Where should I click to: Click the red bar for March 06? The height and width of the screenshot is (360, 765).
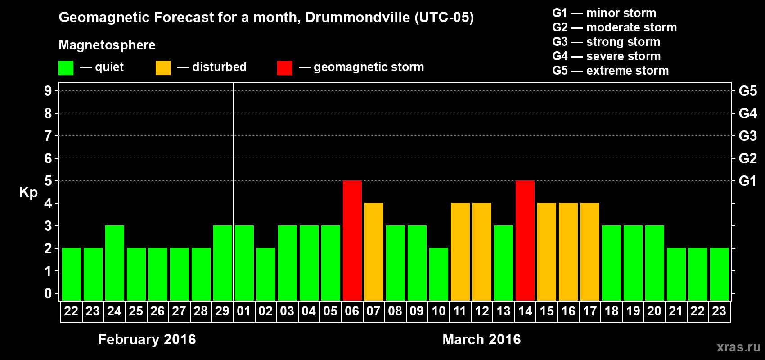click(x=352, y=240)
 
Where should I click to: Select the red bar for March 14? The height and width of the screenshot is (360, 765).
click(x=525, y=240)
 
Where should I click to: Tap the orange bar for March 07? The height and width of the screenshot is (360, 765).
click(x=373, y=252)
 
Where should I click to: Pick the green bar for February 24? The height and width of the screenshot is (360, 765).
click(x=114, y=263)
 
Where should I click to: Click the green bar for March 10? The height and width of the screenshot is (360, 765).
click(x=438, y=274)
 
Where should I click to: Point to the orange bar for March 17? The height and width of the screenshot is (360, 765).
click(x=589, y=252)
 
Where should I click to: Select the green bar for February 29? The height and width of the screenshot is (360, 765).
click(x=222, y=263)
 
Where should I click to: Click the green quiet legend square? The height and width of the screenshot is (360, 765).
click(x=66, y=68)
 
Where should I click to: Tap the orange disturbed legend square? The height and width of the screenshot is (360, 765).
click(x=163, y=68)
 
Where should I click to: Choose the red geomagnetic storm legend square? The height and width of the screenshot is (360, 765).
click(x=284, y=68)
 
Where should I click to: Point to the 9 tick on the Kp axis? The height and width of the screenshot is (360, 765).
click(x=48, y=91)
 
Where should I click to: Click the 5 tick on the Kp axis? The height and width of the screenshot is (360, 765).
click(x=48, y=181)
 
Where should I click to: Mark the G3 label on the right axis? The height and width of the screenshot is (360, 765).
click(x=747, y=136)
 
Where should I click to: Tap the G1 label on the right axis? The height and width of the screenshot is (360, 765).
click(x=747, y=181)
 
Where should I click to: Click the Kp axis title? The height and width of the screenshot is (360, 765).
click(x=28, y=192)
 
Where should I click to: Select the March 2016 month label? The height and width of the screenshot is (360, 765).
click(x=481, y=339)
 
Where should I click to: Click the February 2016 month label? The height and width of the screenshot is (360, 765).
click(x=147, y=339)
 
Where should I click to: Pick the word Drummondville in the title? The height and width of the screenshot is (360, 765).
click(x=357, y=17)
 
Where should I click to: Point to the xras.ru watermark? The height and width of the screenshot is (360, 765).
click(x=738, y=347)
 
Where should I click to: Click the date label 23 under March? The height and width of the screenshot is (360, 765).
click(x=719, y=311)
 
